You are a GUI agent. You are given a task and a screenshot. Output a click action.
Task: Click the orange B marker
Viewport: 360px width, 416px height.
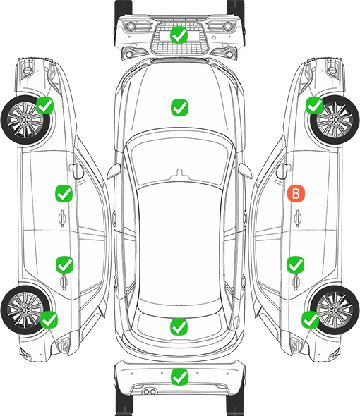coord(296,193)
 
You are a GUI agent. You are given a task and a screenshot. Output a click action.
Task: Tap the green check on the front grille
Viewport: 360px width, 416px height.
coord(179,35)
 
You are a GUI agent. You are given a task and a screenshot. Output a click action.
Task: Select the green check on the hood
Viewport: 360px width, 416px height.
coord(179,107)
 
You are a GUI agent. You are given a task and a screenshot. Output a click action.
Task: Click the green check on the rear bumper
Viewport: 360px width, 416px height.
coord(179,377)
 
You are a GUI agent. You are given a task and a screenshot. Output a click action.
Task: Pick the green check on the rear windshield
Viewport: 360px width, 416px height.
coord(179,326)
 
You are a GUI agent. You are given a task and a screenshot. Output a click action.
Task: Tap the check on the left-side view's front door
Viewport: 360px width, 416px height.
coord(64,194)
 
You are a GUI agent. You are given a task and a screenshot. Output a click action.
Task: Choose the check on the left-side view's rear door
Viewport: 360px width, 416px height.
coord(64,265)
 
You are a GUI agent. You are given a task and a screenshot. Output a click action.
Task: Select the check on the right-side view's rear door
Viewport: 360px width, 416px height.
coord(296,265)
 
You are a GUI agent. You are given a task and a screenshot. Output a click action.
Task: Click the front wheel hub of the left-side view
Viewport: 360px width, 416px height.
coord(25,120)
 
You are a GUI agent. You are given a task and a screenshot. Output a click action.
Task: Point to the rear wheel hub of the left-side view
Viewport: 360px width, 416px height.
coord(25,310)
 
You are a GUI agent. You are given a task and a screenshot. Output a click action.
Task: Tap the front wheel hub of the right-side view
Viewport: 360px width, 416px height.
coord(335,120)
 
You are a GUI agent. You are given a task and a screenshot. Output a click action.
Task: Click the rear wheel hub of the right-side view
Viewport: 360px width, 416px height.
coord(335,310)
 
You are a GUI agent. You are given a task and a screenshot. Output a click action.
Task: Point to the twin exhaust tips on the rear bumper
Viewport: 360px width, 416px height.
coord(150,392)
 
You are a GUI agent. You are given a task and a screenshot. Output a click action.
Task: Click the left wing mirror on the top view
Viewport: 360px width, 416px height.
coord(114,171)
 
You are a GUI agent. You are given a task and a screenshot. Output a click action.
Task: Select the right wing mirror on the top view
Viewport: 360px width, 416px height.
coord(245,171)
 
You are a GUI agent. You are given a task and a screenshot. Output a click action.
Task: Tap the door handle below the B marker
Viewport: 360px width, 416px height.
coord(298,219)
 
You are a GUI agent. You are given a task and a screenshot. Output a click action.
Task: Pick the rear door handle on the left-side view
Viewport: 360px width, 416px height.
coord(64,282)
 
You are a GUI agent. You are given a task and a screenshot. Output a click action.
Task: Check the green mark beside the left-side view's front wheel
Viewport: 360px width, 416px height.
coord(45,106)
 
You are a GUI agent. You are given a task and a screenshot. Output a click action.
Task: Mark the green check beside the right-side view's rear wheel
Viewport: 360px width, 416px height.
coord(311,319)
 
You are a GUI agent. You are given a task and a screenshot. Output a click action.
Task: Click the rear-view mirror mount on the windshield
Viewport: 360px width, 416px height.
coord(179,173)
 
